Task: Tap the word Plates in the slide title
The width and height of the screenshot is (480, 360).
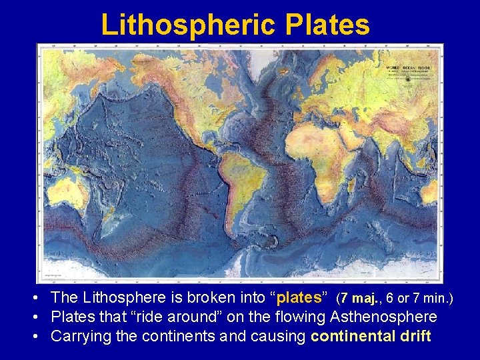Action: pyautogui.click(x=327, y=25)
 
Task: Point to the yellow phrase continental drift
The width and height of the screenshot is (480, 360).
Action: pyautogui.click(x=371, y=336)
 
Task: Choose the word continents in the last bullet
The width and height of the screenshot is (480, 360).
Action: pyautogui.click(x=180, y=336)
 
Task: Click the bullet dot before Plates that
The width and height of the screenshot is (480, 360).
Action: pyautogui.click(x=41, y=317)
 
